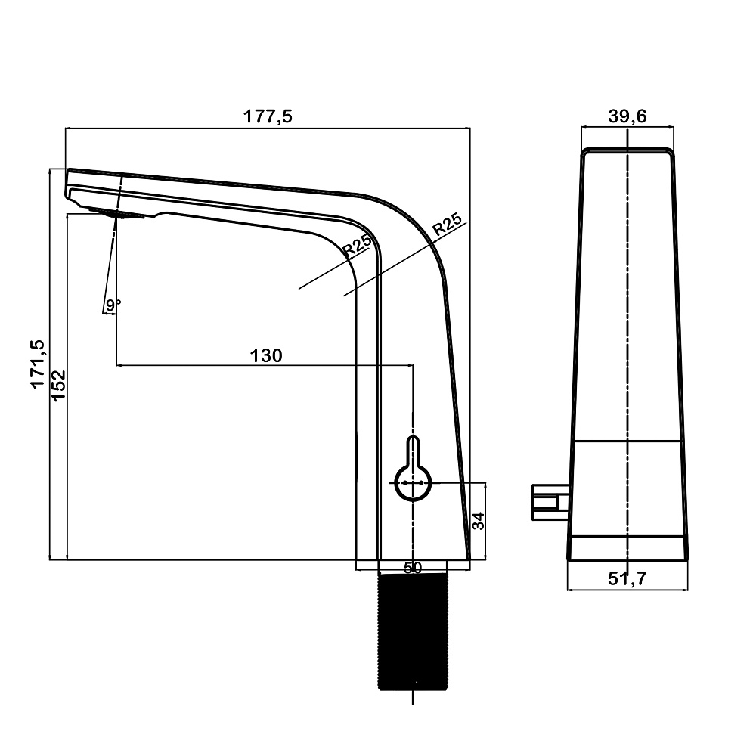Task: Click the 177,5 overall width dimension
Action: click(x=268, y=116)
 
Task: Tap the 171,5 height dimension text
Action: click(x=38, y=364)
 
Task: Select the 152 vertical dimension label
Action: click(x=58, y=385)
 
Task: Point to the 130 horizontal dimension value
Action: click(x=265, y=356)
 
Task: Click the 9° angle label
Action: click(x=113, y=305)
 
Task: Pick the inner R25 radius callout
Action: click(x=358, y=244)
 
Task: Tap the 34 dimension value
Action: click(x=478, y=521)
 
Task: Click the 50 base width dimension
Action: click(x=413, y=568)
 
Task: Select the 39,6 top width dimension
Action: click(x=627, y=116)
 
